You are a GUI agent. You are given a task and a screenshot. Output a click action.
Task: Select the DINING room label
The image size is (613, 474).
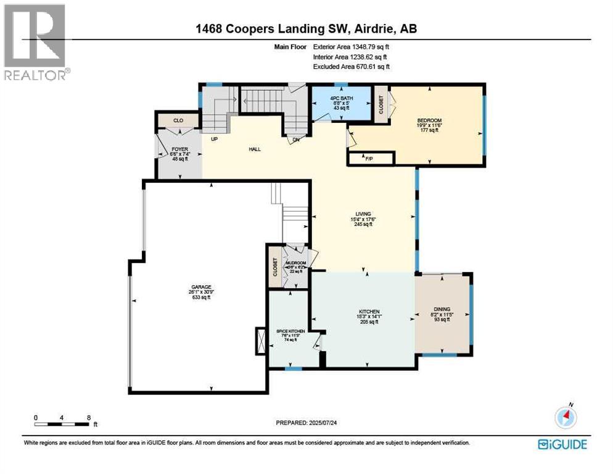442,309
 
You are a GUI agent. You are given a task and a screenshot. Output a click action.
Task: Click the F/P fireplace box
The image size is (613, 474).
370,159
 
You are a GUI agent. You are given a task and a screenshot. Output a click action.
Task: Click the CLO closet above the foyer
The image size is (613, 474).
178,120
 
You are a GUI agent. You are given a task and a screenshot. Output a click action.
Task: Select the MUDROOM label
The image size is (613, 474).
294,262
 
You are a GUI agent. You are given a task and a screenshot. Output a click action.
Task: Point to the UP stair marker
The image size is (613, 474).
215,139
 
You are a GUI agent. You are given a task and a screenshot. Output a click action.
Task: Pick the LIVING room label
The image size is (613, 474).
363,214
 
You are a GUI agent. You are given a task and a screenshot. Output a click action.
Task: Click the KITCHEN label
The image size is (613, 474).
369,312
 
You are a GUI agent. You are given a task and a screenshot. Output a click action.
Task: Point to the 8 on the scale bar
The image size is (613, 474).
90,417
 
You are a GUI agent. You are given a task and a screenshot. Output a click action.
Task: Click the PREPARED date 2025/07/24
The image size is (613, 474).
306,423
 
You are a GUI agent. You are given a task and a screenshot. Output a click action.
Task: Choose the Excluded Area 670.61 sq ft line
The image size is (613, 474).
352,67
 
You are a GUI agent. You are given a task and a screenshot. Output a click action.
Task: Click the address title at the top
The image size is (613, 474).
306,28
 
